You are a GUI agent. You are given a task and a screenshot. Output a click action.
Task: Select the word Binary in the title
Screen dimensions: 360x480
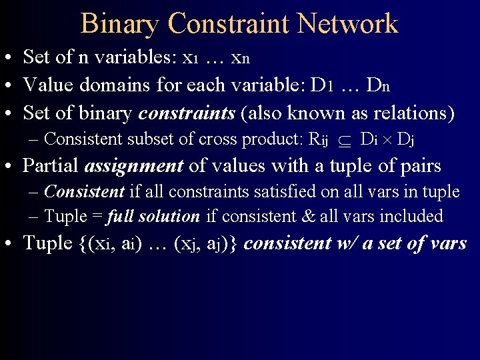(x=120, y=25)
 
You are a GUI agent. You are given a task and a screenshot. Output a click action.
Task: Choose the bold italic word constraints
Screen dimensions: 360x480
(x=187, y=113)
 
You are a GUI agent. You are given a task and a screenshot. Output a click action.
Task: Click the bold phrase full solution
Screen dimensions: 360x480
(x=153, y=217)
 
